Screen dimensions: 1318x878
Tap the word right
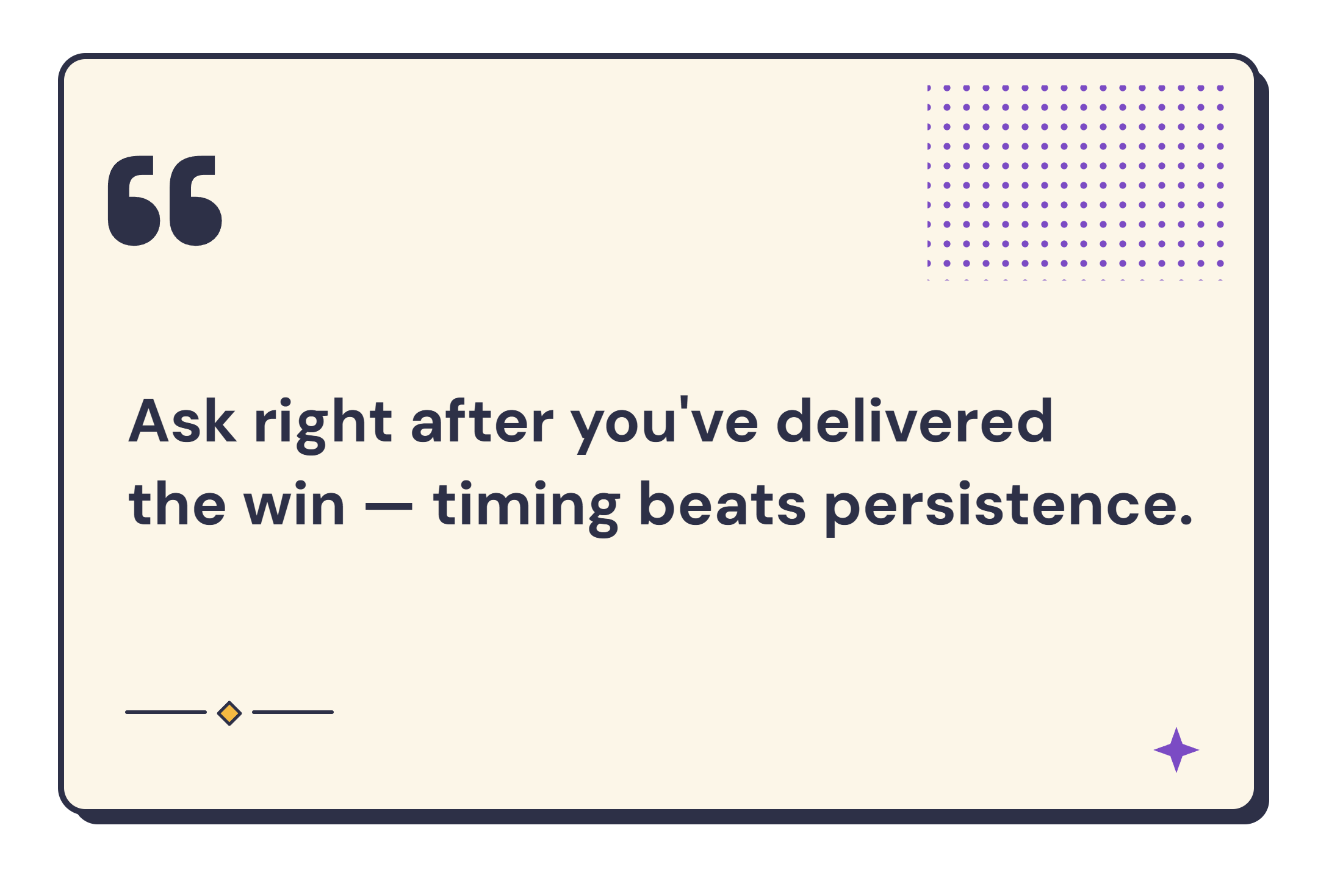tap(323, 424)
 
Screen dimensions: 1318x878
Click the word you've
tap(665, 424)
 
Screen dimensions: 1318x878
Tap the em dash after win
tap(389, 506)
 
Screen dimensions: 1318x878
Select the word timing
tap(527, 507)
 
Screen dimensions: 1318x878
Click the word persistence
tap(998, 507)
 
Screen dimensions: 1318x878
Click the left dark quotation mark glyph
tap(134, 201)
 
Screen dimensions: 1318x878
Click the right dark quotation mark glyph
tap(195, 201)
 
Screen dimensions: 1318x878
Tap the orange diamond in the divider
tap(229, 713)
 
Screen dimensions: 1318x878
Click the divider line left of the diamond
tap(166, 712)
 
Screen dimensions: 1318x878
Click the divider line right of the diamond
tap(293, 712)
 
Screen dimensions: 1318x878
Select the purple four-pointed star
tap(1176, 750)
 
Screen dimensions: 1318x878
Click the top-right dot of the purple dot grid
tap(1220, 88)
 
